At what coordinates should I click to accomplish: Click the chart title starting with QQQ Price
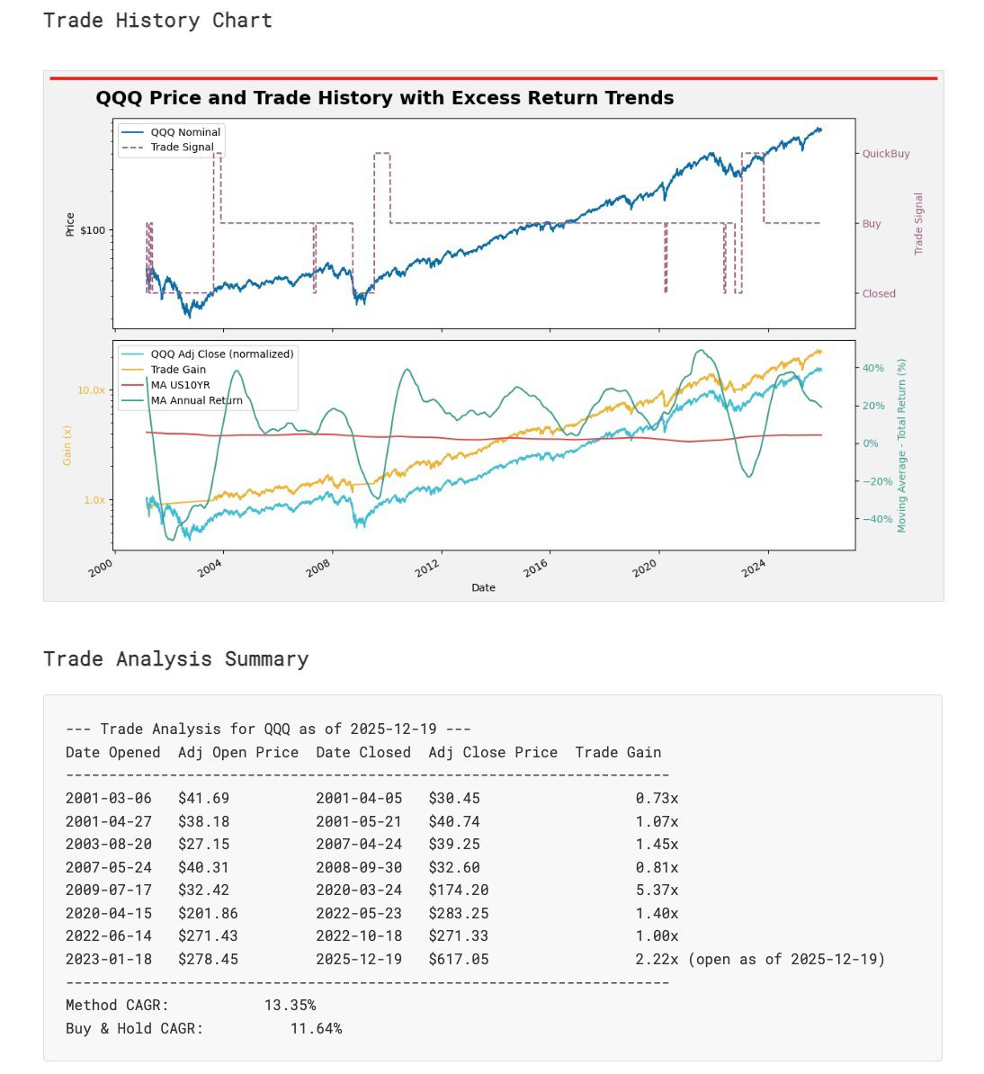pyautogui.click(x=384, y=98)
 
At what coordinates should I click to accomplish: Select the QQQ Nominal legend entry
pyautogui.click(x=185, y=132)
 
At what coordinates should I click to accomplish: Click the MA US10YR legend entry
pyautogui.click(x=180, y=385)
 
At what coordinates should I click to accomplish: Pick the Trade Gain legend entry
pyautogui.click(x=178, y=370)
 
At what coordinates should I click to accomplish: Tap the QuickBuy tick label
pyautogui.click(x=886, y=154)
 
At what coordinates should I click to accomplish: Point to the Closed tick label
pyautogui.click(x=879, y=294)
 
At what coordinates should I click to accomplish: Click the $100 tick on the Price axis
pyautogui.click(x=93, y=230)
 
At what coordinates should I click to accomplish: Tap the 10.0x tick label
pyautogui.click(x=91, y=390)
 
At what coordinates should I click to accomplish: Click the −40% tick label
pyautogui.click(x=879, y=519)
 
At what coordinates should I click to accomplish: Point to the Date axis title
pyautogui.click(x=483, y=587)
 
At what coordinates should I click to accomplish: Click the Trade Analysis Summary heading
pyautogui.click(x=175, y=659)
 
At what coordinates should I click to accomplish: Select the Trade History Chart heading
pyautogui.click(x=157, y=21)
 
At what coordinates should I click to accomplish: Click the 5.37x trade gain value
pyautogui.click(x=657, y=890)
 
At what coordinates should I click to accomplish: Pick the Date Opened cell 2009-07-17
pyautogui.click(x=109, y=890)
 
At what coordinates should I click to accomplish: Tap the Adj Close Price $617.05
pyautogui.click(x=459, y=959)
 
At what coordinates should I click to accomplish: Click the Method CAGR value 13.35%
pyautogui.click(x=290, y=1005)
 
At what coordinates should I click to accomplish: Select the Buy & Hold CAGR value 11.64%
pyautogui.click(x=316, y=1028)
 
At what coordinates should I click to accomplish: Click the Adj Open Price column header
pyautogui.click(x=238, y=752)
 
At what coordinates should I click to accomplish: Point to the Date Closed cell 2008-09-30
pyautogui.click(x=359, y=867)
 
